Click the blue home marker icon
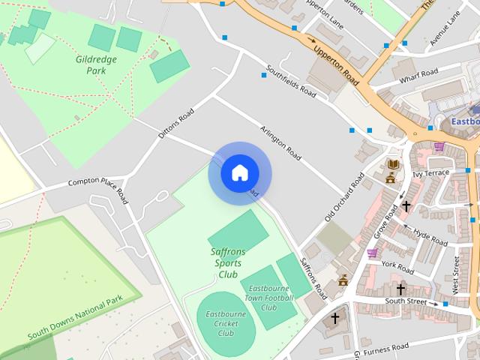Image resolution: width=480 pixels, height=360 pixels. pyautogui.click(x=239, y=173)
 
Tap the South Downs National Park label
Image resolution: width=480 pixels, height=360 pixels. pyautogui.click(x=75, y=318)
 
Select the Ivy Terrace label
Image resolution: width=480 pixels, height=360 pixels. pyautogui.click(x=430, y=173)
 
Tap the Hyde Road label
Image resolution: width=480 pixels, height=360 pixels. pyautogui.click(x=430, y=238)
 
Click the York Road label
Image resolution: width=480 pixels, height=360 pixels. pyautogui.click(x=397, y=266)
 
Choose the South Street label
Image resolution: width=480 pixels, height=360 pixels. pyautogui.click(x=406, y=302)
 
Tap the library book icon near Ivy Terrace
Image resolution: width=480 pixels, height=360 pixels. pyautogui.click(x=392, y=163)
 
